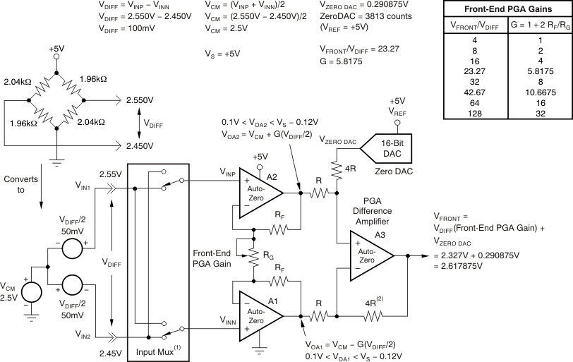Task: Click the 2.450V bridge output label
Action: click(x=140, y=146)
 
